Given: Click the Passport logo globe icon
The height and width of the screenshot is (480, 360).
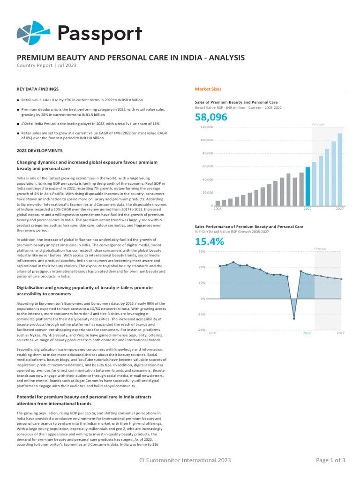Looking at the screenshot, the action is [33, 33].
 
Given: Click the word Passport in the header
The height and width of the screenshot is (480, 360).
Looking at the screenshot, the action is [100, 34].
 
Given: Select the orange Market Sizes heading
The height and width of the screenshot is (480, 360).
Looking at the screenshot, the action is [208, 89].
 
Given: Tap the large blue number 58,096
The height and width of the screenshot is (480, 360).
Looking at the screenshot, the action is [211, 117].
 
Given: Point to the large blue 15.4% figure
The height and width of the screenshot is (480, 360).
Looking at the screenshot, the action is [210, 241].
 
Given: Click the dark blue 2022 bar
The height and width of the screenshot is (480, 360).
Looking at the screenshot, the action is [307, 187].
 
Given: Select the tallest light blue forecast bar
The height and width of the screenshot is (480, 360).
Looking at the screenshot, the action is [340, 170].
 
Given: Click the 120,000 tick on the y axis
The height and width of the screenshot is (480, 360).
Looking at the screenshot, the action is [207, 127].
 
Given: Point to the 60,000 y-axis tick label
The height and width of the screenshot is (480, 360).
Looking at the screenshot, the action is [208, 166].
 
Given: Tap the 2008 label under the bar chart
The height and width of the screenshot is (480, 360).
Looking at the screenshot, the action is [217, 209].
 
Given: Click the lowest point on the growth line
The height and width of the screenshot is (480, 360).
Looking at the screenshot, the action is [294, 319].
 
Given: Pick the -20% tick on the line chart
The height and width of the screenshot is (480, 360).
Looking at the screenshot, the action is [202, 330].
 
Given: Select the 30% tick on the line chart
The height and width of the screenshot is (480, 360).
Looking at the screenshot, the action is [202, 252].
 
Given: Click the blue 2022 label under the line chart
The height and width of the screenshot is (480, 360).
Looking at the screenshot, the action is [307, 333].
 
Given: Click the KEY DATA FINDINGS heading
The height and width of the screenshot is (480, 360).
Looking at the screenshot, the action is [37, 89].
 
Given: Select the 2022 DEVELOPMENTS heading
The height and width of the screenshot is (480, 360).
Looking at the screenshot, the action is [39, 150].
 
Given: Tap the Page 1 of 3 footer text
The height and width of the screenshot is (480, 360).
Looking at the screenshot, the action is [330, 460].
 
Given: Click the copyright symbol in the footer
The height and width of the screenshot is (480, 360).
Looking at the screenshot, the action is [142, 460].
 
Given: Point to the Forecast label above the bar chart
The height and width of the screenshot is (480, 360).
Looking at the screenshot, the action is [318, 124].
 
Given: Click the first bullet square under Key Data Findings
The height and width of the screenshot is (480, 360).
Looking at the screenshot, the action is [18, 100].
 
